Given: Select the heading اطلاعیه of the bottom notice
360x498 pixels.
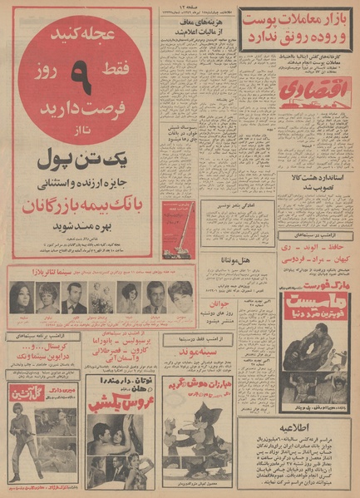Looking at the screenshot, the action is (297, 396).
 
